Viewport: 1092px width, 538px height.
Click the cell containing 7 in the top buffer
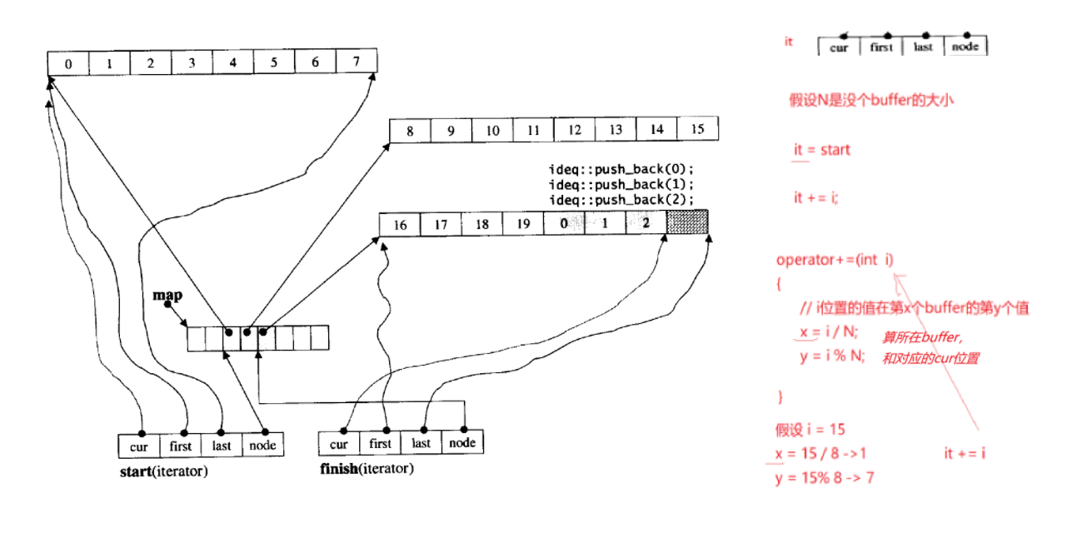pos(357,62)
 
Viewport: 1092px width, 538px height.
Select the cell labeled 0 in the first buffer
pos(68,62)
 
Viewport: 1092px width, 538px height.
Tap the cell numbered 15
pos(697,130)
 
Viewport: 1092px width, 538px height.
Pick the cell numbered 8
pos(410,130)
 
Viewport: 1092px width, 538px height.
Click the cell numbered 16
pos(400,224)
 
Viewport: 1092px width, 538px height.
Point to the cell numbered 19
pos(522,224)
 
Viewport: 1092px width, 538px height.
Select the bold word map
pos(167,296)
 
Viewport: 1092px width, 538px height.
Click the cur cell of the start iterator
pos(139,446)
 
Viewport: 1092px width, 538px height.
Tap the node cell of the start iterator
pos(263,446)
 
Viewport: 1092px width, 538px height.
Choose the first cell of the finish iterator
pos(380,443)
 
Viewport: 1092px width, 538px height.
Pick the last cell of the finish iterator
pos(421,443)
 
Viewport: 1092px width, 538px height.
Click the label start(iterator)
pos(164,472)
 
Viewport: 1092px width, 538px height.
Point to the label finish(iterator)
pos(366,468)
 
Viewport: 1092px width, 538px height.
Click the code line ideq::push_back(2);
pos(621,200)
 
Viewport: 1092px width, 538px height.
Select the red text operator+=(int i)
pos(835,260)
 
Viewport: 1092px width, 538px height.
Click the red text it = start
pos(822,150)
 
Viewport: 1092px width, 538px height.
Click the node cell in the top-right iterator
pos(965,47)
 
